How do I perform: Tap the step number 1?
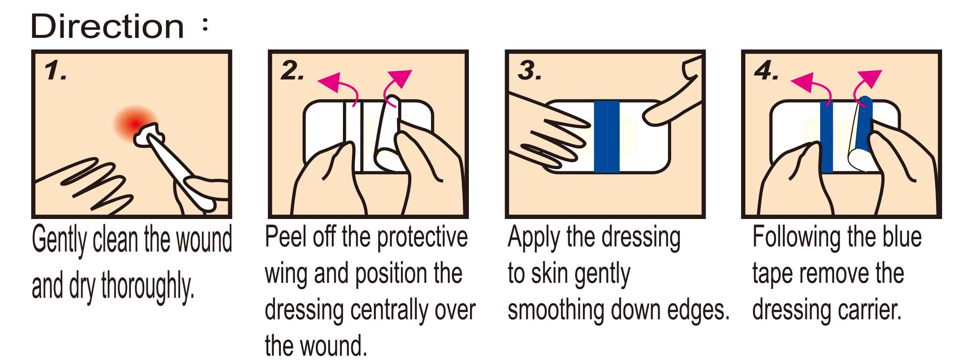[x=55, y=72]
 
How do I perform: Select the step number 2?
[x=292, y=72]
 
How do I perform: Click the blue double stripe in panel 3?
[x=607, y=137]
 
